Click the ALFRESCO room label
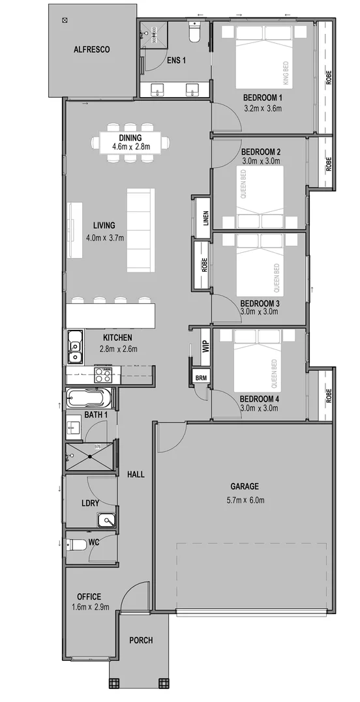[x=91, y=50]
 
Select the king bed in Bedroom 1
[x=265, y=63]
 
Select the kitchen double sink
[x=74, y=346]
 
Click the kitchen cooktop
[x=103, y=375]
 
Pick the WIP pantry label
[x=205, y=345]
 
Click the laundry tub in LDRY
[x=106, y=519]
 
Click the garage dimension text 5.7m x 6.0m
[x=245, y=501]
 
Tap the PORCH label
[x=141, y=641]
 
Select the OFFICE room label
[x=89, y=596]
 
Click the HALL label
[x=136, y=474]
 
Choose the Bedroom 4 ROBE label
[x=329, y=395]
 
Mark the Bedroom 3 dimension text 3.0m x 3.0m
[x=259, y=312]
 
